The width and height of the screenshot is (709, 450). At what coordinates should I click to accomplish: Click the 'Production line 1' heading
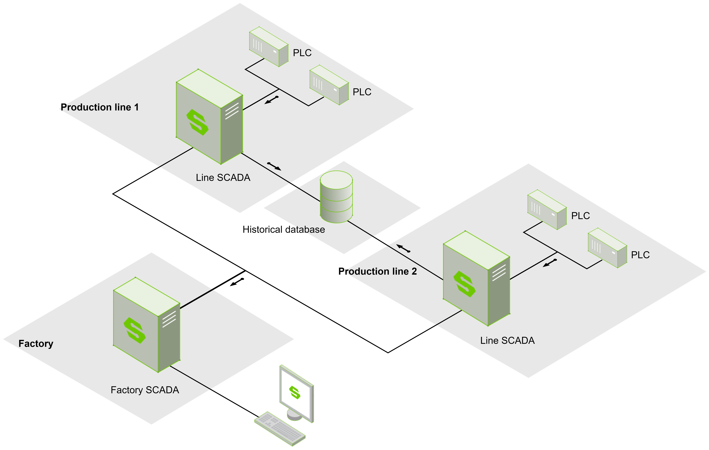pyautogui.click(x=100, y=107)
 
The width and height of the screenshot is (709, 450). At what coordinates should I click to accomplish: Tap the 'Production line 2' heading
pyautogui.click(x=377, y=271)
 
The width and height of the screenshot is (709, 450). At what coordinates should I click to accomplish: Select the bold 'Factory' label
pyautogui.click(x=36, y=344)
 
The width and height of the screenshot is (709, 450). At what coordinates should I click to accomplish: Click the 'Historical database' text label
pyautogui.click(x=284, y=229)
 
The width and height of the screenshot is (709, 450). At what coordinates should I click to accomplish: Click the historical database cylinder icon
pyautogui.click(x=336, y=197)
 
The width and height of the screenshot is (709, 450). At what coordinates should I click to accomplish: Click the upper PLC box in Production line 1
pyautogui.click(x=268, y=47)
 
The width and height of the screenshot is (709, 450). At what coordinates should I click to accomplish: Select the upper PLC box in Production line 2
pyautogui.click(x=547, y=210)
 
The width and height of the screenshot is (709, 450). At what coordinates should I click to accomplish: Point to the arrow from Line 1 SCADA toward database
pyautogui.click(x=274, y=167)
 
